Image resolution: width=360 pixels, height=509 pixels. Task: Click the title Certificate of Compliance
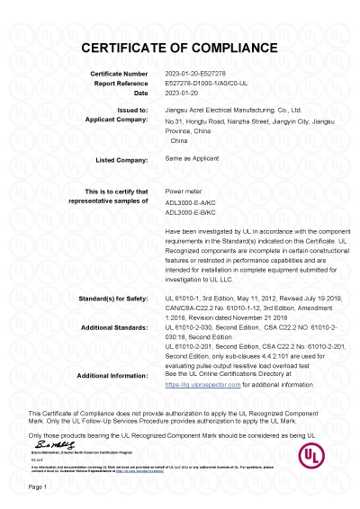(180, 46)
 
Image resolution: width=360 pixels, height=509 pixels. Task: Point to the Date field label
(139, 93)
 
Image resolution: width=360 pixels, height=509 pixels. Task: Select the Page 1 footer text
(38, 487)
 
